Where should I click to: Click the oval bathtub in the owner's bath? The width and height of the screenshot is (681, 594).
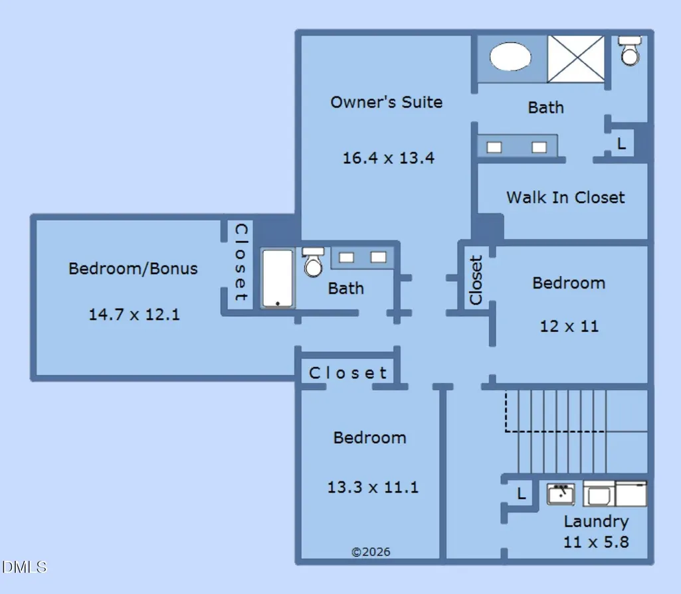[510, 56]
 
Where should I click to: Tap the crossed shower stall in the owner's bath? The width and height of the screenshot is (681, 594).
[576, 58]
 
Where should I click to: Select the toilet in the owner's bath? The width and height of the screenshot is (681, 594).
[630, 50]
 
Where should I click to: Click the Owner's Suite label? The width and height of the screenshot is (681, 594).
[387, 102]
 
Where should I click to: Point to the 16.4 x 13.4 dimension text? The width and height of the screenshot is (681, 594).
[388, 158]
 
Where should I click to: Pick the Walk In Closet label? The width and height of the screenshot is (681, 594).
[565, 198]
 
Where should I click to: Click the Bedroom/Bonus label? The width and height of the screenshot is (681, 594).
[133, 269]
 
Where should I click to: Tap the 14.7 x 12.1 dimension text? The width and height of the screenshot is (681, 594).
[134, 315]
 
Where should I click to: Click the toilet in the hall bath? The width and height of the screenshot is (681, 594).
[313, 262]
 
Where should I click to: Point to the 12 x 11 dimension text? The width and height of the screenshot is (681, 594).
[569, 327]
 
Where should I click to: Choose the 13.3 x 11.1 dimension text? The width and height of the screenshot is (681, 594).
[373, 487]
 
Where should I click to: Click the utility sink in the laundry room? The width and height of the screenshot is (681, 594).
[561, 494]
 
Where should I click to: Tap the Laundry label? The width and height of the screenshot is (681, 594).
[596, 522]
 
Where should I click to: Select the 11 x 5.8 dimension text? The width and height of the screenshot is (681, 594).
[596, 542]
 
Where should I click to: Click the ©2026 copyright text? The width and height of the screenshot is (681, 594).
[371, 552]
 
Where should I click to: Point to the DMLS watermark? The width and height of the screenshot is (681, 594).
[25, 567]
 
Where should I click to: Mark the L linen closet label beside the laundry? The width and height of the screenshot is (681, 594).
[522, 493]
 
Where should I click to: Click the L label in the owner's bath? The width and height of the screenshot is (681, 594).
[621, 143]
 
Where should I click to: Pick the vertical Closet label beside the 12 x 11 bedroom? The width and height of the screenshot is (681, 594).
[476, 280]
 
